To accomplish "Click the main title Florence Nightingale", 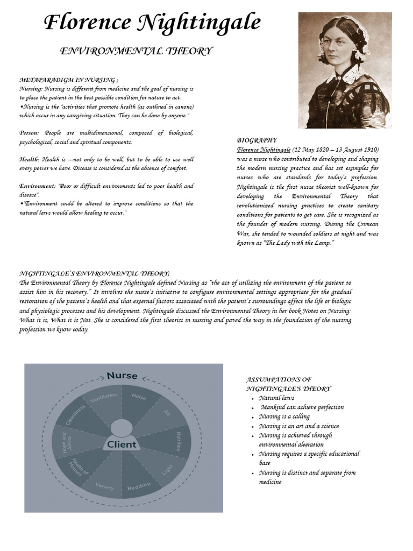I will [152, 23].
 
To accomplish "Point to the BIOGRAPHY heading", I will [257, 140].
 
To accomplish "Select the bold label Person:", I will [30, 133].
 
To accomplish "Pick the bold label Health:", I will [30, 160].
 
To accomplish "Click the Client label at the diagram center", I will [122, 444].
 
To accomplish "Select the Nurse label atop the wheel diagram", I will [122, 376].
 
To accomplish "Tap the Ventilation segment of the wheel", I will [104, 399].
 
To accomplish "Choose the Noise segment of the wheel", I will [139, 397].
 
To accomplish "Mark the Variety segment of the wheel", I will [104, 487].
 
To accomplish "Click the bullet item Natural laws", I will [276, 398].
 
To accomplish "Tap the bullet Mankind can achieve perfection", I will [302, 407].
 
